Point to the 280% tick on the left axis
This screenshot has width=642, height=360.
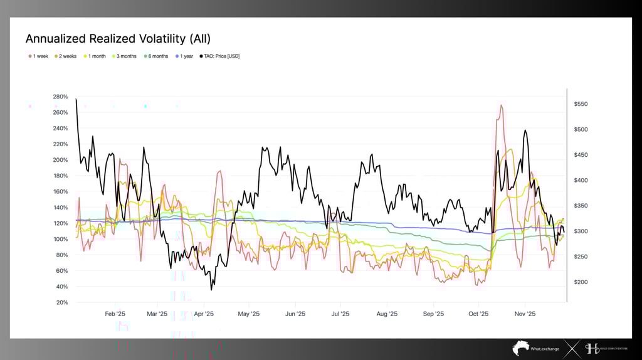[x=60, y=97]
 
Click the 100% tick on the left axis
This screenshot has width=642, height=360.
[x=60, y=239]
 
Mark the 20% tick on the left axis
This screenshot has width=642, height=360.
[x=61, y=302]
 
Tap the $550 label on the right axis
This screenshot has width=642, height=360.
[x=581, y=103]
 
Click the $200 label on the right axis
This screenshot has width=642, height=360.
[x=581, y=282]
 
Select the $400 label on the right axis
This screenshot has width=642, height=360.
[x=581, y=180]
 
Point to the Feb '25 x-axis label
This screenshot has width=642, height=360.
[x=115, y=314]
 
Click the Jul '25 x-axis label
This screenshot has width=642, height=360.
[x=340, y=314]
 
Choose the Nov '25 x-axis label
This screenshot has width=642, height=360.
[x=525, y=314]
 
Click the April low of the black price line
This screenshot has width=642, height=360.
[x=211, y=289]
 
